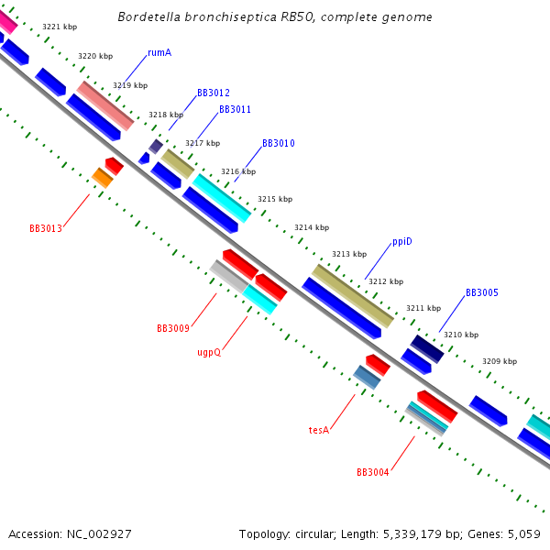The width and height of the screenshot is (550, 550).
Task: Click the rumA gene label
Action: tap(159, 52)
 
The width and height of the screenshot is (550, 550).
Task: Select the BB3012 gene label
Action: tap(213, 93)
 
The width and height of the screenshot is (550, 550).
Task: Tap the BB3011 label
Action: tap(235, 110)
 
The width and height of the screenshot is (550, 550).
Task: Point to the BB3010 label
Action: tap(279, 144)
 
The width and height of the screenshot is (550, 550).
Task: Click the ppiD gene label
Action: tap(402, 242)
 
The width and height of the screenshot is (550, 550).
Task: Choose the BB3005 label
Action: tap(481, 293)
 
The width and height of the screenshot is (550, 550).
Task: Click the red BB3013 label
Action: tap(46, 228)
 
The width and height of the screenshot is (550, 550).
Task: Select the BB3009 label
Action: tap(173, 328)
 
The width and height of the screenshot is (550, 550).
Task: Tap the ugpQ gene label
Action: tap(209, 352)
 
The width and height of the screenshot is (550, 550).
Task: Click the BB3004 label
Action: tap(372, 473)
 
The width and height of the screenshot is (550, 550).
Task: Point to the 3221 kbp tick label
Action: tap(60, 27)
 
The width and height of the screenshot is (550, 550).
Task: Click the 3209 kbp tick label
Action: tap(500, 362)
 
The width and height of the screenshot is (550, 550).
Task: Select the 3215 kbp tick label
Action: tap(275, 199)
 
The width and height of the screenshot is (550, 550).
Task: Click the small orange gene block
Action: tap(102, 178)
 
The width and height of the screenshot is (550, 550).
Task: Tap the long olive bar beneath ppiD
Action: tap(352, 295)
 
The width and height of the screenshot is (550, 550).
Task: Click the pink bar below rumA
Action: tap(105, 105)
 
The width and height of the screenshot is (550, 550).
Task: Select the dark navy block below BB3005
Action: tap(427, 348)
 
